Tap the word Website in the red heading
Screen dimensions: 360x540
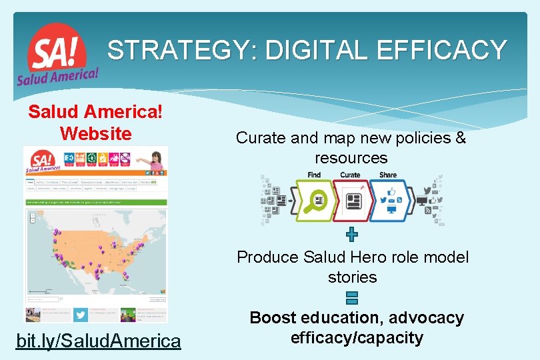pos(95,133)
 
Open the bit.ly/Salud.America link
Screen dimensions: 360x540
pos(98,341)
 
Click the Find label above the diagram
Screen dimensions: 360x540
pos(314,175)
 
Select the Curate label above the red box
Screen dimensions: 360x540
pos(350,175)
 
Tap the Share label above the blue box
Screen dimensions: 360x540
pos(387,175)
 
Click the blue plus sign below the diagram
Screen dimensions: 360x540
pos(352,234)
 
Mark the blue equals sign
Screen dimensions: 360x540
pos(352,298)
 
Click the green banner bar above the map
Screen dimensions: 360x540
pos(95,201)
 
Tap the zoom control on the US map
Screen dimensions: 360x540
pos(31,217)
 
